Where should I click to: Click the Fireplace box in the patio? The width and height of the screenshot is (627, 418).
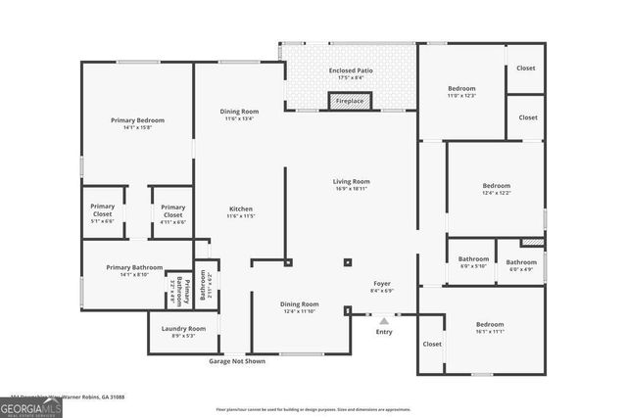[350, 101]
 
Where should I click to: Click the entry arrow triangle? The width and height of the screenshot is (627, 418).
[384, 319]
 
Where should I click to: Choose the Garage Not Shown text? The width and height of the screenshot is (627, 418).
[237, 361]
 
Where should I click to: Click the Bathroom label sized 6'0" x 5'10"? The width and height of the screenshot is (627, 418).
[474, 262]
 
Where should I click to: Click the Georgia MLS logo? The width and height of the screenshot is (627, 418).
[31, 405]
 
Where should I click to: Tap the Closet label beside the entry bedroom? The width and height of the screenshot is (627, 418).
[432, 345]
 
